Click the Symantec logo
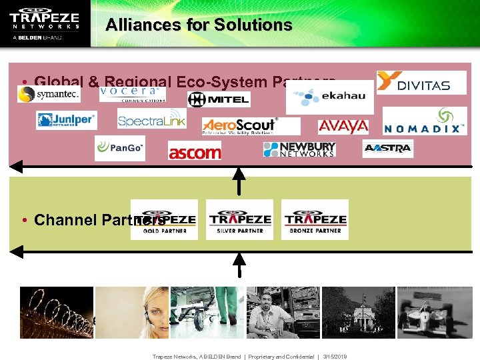[x=49, y=94]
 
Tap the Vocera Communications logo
[x=133, y=94]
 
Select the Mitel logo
[x=219, y=100]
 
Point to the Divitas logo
[x=421, y=83]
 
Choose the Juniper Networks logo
[x=66, y=120]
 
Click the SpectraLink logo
[x=151, y=119]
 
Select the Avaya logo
[x=343, y=126]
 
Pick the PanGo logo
[x=120, y=148]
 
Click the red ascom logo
[x=194, y=153]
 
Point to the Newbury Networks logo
[x=299, y=149]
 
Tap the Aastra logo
[x=388, y=149]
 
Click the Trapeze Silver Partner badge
[x=239, y=220]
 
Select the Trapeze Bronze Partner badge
[x=315, y=220]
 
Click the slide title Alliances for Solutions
[x=199, y=25]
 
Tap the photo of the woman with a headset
[x=131, y=313]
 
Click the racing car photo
[x=434, y=313]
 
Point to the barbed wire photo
[x=57, y=313]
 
